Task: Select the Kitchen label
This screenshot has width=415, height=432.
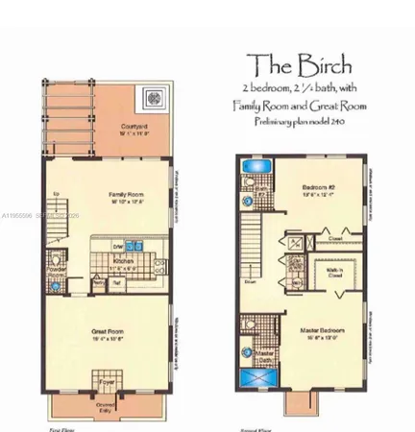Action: (121, 261)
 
